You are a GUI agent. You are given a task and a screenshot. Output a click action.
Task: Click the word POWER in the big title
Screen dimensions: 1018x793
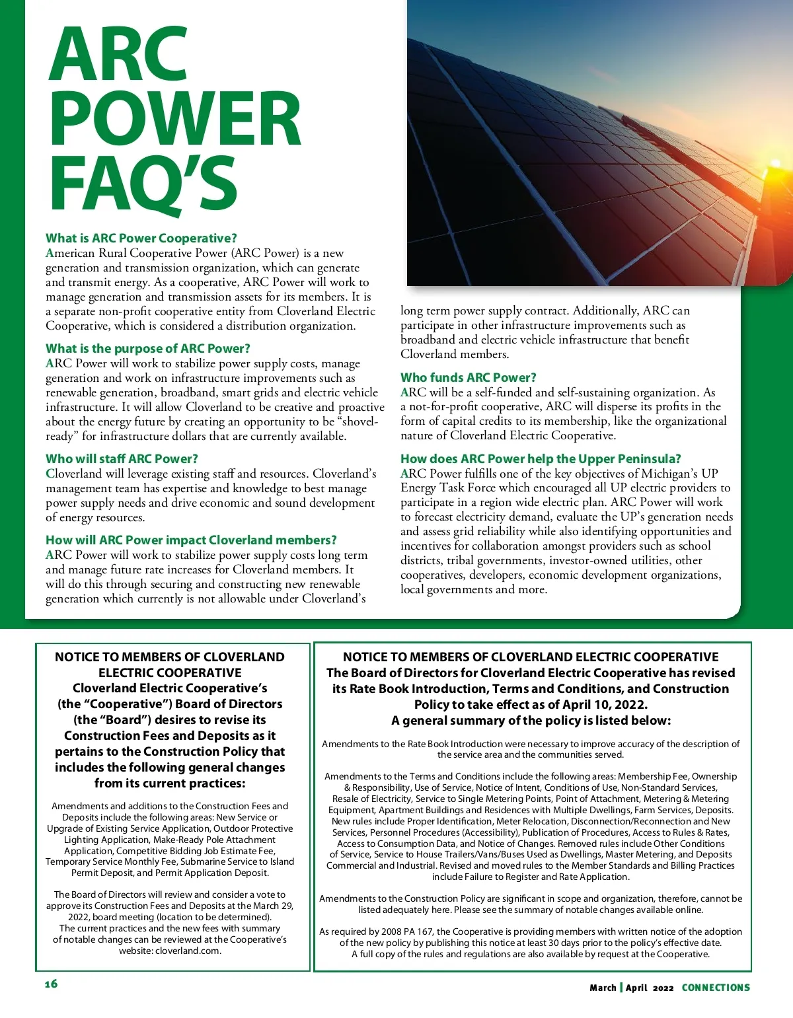[174, 119]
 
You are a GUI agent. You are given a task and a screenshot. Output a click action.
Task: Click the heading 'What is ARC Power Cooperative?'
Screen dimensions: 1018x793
[141, 238]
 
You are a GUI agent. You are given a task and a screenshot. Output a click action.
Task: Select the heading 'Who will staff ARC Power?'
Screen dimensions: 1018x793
[122, 458]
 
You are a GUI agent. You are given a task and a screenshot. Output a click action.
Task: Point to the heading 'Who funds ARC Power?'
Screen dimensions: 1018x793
[468, 377]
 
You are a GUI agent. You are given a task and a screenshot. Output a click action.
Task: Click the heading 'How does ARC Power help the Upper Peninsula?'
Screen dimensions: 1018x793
[540, 458]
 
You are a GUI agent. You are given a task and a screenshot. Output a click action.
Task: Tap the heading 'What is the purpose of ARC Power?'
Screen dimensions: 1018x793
[147, 348]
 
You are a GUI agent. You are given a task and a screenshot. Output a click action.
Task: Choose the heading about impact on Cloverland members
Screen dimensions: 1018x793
[191, 540]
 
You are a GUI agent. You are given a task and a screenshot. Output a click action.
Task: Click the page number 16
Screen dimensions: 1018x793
[51, 984]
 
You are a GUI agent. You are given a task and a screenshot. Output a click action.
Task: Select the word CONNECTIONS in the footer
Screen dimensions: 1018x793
[716, 988]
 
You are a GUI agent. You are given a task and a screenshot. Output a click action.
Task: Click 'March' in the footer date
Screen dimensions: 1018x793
[603, 988]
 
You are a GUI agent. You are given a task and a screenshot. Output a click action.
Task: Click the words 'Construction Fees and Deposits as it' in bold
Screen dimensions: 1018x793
[170, 735]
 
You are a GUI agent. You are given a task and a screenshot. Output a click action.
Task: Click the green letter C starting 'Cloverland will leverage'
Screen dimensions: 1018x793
[50, 474]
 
